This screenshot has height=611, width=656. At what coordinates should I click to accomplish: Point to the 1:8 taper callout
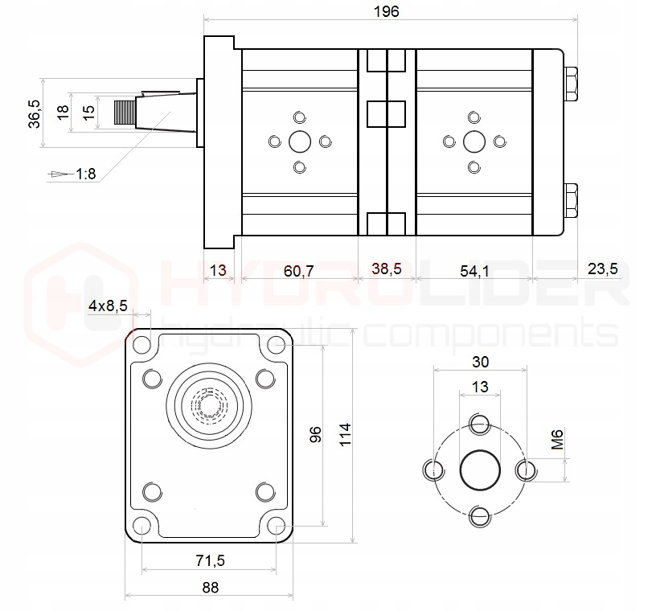pos(86,173)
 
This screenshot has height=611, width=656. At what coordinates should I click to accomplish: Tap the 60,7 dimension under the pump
pos(299,270)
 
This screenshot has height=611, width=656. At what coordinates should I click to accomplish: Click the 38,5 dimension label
pos(387,270)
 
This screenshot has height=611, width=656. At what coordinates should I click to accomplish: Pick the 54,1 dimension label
pos(474,270)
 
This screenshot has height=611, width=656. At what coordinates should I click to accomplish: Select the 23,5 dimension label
pos(602,269)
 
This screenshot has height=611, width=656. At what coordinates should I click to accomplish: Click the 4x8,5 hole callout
pos(108,305)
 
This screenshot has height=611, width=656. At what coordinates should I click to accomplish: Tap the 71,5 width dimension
pos(210,560)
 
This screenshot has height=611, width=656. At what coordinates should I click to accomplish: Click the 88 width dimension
pos(210,587)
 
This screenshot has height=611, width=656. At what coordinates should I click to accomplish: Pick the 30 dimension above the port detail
pos(480,361)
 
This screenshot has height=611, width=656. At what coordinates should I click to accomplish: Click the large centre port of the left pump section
pos(300,142)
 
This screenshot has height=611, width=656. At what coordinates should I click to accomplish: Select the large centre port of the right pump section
pos(474,142)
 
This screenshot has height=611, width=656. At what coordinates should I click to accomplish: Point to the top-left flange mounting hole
pos(142,347)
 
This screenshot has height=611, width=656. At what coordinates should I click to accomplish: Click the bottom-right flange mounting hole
pos(277,527)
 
